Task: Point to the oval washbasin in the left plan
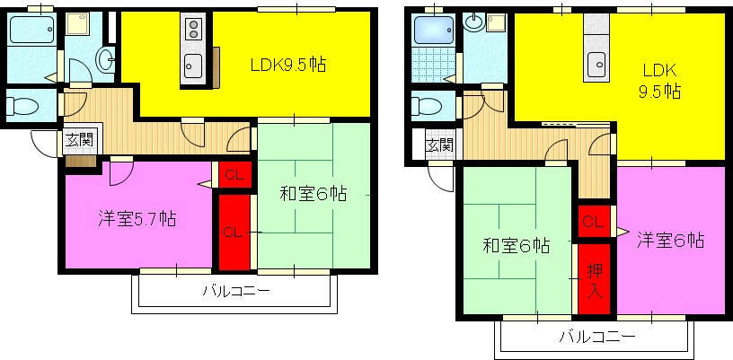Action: [x=104, y=61]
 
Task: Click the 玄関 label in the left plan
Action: [x=79, y=139]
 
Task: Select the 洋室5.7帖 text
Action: [x=137, y=219]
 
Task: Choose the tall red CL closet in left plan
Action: [x=232, y=233]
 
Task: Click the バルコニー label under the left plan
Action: [x=235, y=290]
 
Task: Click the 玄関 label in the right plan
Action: [x=438, y=145]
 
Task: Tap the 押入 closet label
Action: [x=594, y=281]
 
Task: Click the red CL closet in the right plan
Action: [x=593, y=221]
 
